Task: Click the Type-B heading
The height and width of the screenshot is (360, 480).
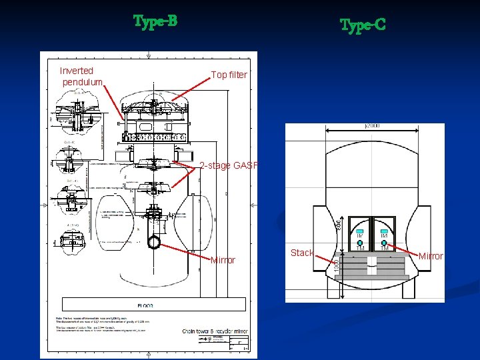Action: point(155,21)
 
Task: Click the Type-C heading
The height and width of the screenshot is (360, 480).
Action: point(362,26)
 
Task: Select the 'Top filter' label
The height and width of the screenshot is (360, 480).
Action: point(229,75)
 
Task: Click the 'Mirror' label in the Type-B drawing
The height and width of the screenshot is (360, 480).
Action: point(223,260)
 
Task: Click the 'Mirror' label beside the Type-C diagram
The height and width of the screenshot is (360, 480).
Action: point(430,256)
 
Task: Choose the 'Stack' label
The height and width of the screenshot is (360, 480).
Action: point(302,253)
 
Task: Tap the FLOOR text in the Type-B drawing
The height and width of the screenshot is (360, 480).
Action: point(145,305)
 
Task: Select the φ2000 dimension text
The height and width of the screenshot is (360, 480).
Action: point(373,125)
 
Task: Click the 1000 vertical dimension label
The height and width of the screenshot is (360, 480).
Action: point(337,264)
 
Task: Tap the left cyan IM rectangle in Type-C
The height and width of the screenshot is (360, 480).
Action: point(359,231)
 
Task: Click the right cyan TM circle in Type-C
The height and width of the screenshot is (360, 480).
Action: point(385,243)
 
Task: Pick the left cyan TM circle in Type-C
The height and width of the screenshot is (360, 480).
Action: point(360,243)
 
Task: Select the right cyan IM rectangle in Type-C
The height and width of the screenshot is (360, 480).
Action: point(384,231)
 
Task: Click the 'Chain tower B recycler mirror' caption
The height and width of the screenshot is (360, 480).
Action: point(215,330)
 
